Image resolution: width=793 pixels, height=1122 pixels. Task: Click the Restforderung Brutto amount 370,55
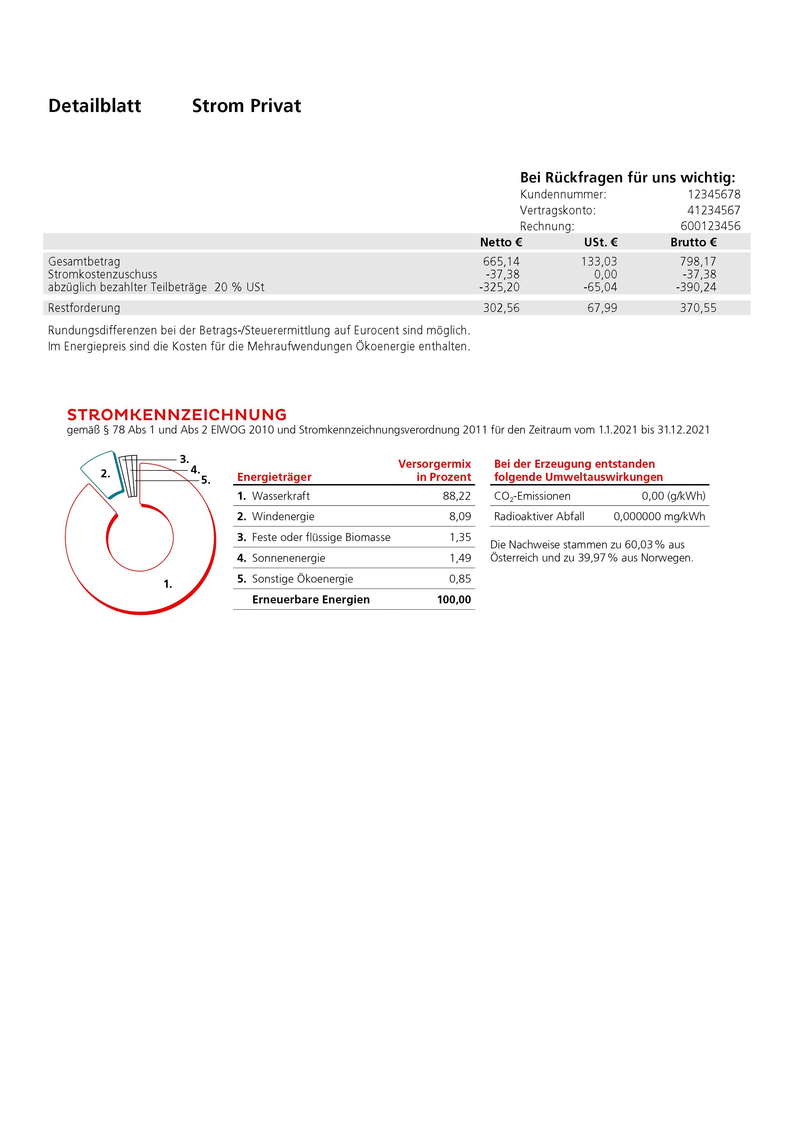tap(698, 308)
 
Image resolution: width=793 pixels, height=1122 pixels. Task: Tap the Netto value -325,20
tap(499, 287)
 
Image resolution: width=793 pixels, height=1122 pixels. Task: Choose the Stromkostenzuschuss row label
tap(103, 274)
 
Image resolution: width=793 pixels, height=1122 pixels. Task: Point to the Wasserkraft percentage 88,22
tap(457, 496)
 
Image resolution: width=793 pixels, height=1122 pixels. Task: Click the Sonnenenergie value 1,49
tap(460, 558)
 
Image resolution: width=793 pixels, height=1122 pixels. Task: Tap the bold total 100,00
tap(454, 600)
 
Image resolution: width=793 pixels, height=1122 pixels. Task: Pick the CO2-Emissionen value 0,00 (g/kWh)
tap(673, 496)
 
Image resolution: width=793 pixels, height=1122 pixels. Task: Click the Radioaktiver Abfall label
tap(539, 517)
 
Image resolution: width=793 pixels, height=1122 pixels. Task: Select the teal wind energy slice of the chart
tap(102, 473)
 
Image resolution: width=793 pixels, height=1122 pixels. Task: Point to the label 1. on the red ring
tap(168, 584)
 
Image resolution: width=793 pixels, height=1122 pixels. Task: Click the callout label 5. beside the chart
tap(206, 480)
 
